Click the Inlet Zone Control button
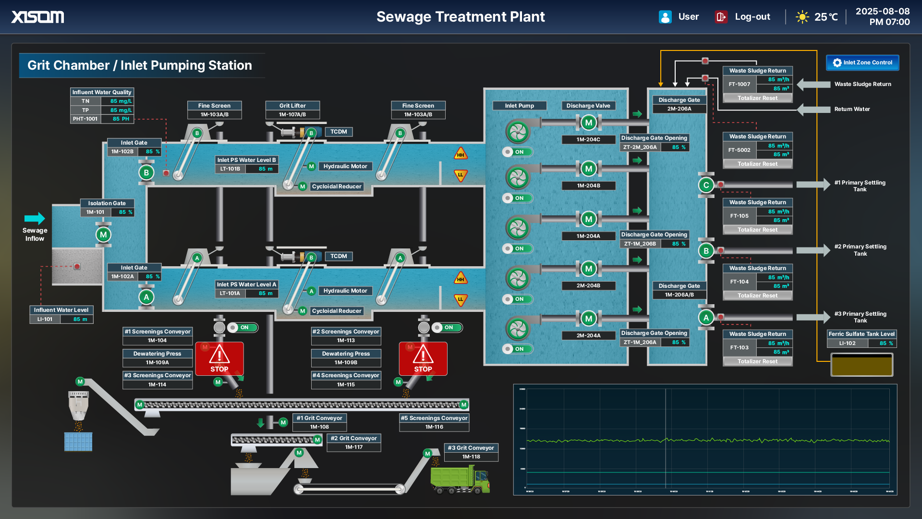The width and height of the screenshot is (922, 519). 862,62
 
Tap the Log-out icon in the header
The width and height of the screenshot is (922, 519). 721,17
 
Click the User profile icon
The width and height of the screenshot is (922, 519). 665,17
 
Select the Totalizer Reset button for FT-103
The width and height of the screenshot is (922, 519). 757,361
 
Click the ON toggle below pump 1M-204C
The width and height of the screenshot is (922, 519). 517,152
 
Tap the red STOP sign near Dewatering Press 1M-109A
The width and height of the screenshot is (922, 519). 219,358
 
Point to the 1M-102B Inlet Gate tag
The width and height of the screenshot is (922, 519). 122,152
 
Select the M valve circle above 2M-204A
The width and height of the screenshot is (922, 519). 588,318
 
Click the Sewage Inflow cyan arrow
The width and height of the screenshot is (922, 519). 35,218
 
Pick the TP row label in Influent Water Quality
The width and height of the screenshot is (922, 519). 85,110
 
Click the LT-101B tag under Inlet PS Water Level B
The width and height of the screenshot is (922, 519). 230,169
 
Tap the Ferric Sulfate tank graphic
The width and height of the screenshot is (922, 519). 861,365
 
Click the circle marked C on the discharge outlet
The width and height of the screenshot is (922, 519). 706,185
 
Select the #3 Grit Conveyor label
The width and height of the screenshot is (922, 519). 471,448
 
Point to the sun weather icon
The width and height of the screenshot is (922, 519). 802,17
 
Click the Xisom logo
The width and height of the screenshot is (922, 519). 37,17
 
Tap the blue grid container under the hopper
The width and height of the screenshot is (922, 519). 78,442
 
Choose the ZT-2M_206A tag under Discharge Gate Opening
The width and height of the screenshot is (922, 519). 640,148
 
